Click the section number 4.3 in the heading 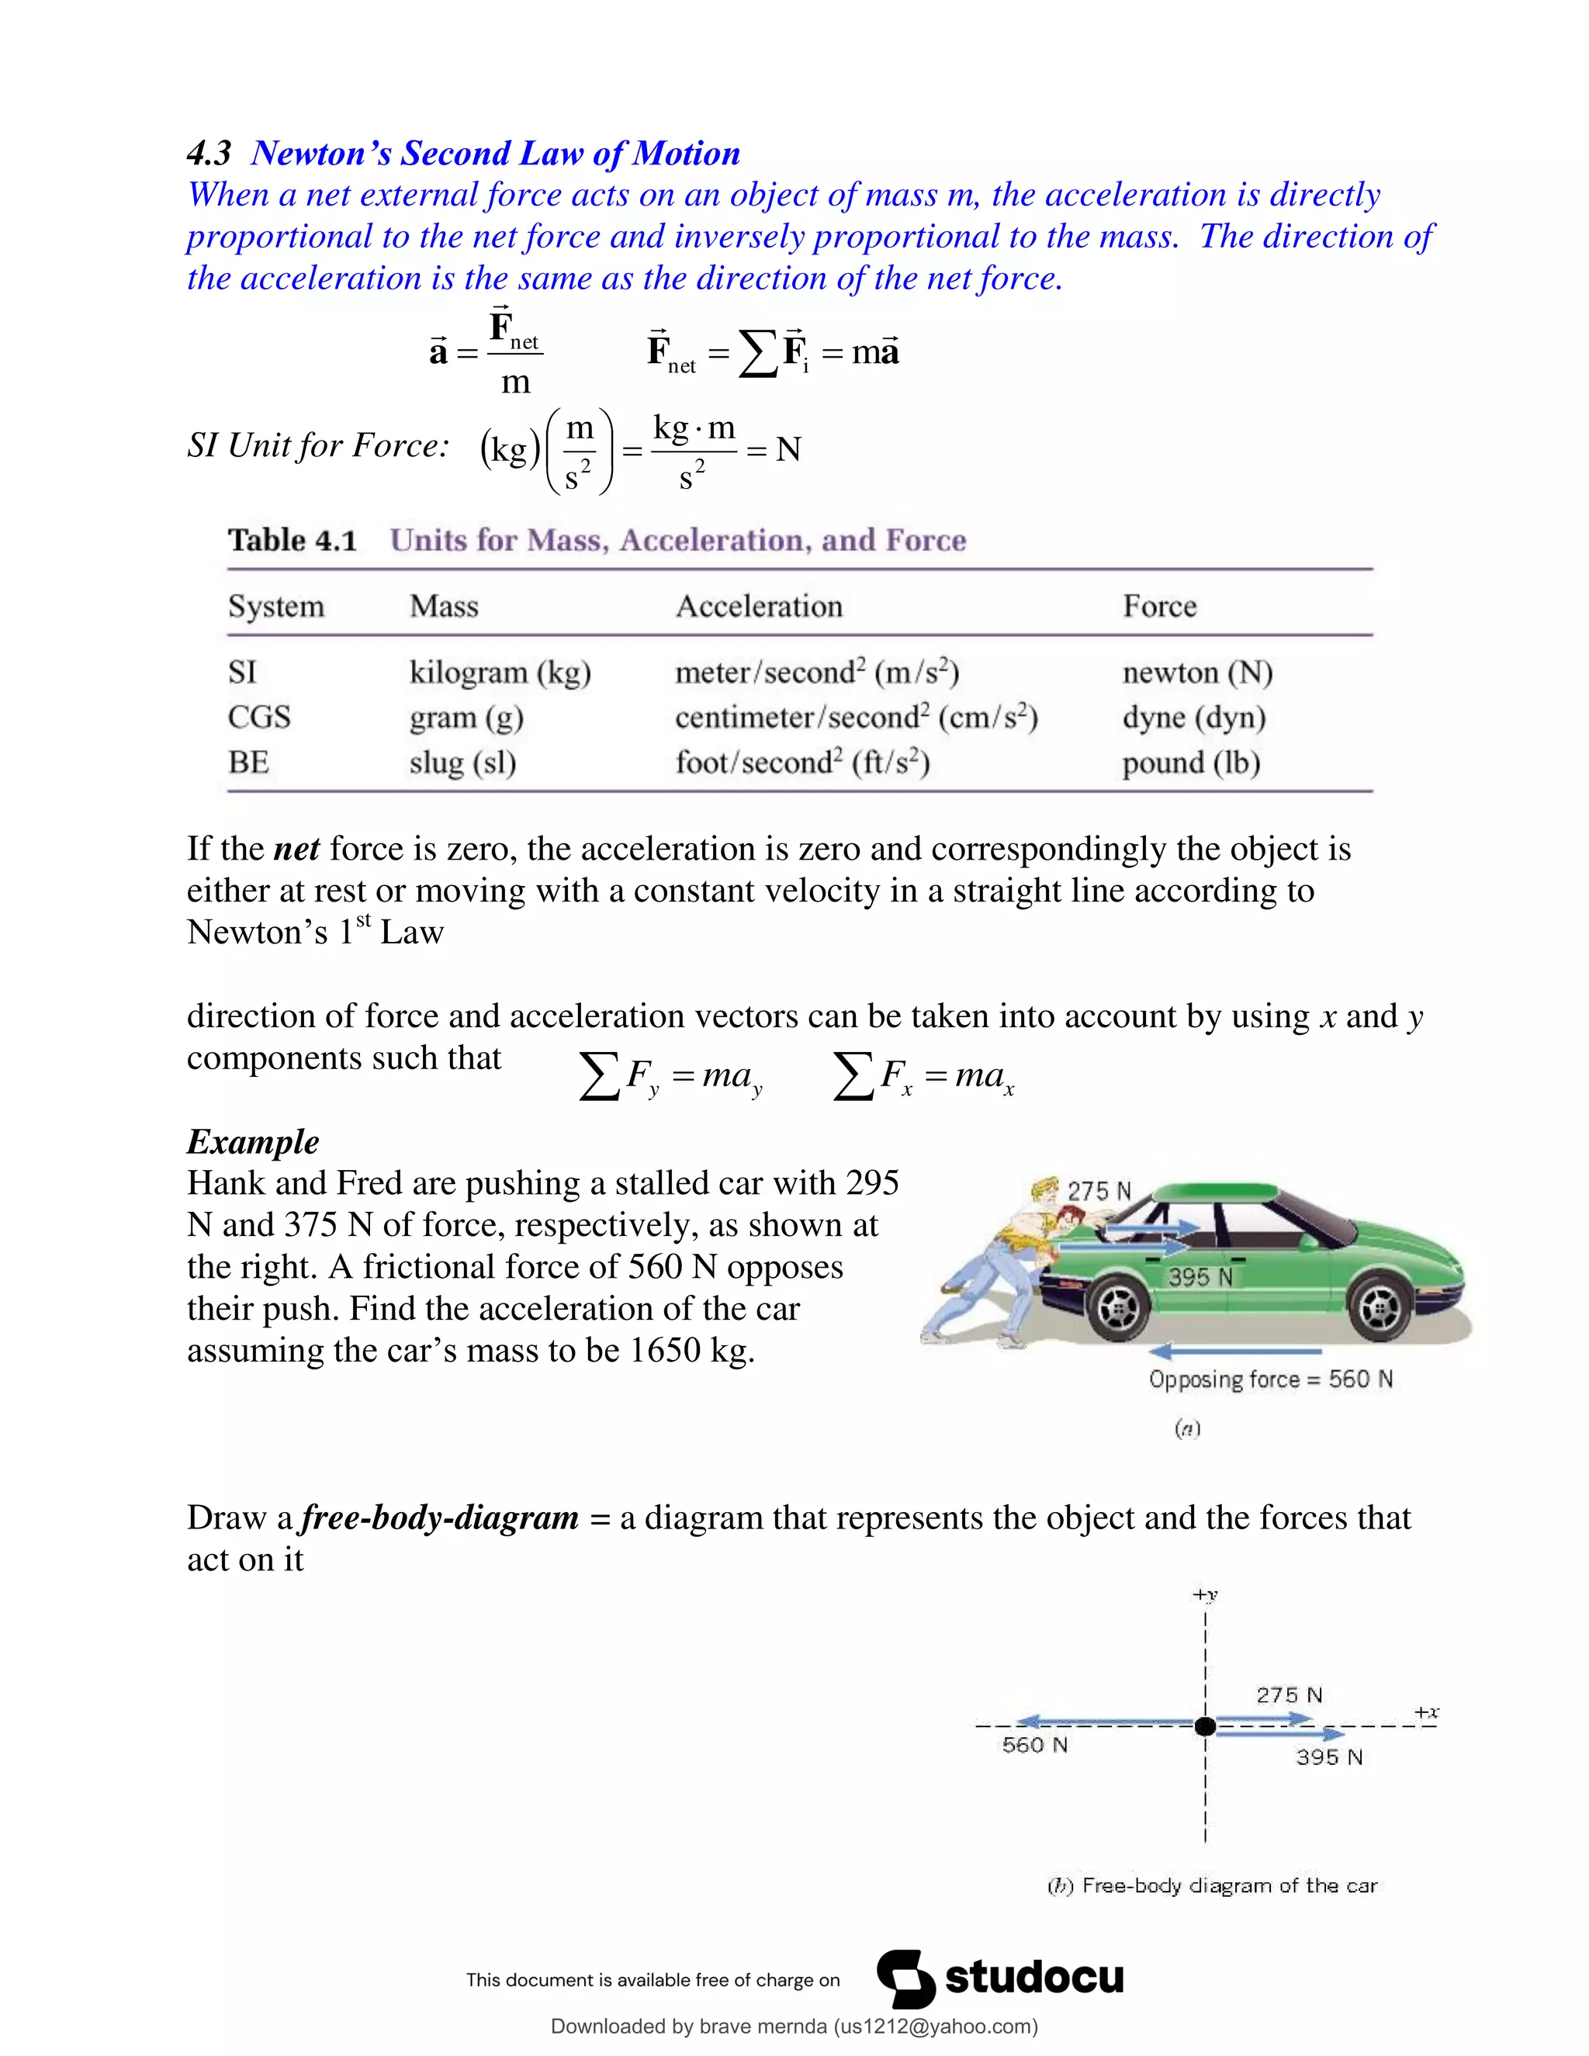(x=209, y=154)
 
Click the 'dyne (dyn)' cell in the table (x=1193, y=718)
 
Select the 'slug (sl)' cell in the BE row (x=462, y=763)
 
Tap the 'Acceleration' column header (x=759, y=606)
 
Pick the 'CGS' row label (x=259, y=718)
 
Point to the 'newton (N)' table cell (x=1196, y=672)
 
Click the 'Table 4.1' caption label (x=292, y=540)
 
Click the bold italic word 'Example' (x=252, y=1141)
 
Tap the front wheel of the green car (x=1378, y=1309)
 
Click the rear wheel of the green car (x=1117, y=1309)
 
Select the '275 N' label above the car (x=1099, y=1191)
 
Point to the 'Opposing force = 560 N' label (x=1270, y=1379)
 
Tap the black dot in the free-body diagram (x=1205, y=1725)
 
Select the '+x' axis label (x=1426, y=1712)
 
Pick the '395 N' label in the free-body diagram (x=1328, y=1757)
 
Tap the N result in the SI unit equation (x=788, y=450)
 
